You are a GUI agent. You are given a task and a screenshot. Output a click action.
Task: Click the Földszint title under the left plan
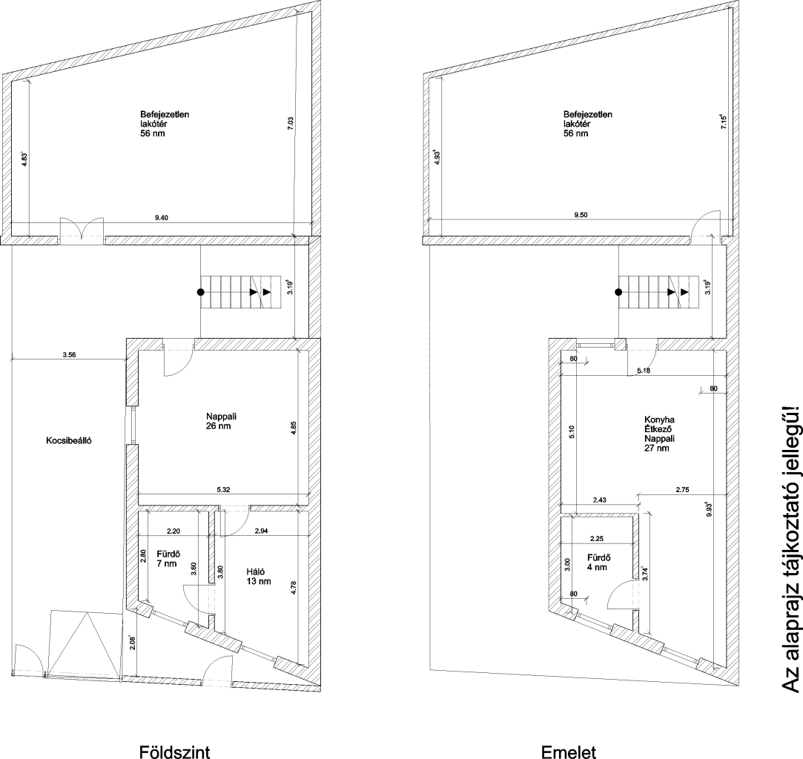(175, 752)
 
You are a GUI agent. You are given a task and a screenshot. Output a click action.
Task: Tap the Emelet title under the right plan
(569, 752)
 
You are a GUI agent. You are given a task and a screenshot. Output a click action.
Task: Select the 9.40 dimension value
(162, 217)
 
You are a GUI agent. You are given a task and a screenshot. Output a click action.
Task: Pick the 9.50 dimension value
(581, 215)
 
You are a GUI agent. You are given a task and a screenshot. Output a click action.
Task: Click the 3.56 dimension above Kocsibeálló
(69, 355)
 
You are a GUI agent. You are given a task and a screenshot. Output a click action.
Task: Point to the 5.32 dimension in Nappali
(223, 490)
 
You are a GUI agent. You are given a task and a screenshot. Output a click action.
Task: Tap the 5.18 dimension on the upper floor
(644, 371)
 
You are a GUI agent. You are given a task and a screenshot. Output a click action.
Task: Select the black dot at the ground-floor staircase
(201, 292)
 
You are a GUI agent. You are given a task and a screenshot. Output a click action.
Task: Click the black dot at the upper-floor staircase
(618, 292)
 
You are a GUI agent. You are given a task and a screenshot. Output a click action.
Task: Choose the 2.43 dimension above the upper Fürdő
(599, 500)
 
